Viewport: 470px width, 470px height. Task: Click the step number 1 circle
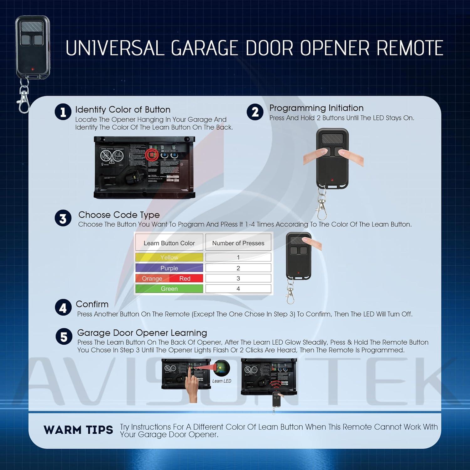tap(63, 112)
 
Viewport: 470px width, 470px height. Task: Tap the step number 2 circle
tap(255, 112)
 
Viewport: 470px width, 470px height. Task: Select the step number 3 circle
tap(63, 218)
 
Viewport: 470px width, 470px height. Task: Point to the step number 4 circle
tap(63, 308)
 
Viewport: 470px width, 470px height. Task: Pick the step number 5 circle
tap(64, 337)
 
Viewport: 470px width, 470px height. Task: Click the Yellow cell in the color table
tap(169, 257)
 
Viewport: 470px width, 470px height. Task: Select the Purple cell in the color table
tap(169, 268)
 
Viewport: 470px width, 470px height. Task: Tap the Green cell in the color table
tap(169, 289)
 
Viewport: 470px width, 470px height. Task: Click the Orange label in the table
tap(152, 279)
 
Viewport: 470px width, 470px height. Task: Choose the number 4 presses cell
tap(238, 289)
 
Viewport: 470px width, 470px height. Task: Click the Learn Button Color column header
tap(169, 243)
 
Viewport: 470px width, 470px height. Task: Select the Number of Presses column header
tap(238, 243)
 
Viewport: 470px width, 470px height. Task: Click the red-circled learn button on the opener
tap(152, 155)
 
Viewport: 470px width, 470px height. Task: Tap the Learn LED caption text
tap(222, 381)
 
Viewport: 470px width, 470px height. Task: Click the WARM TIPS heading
tap(78, 430)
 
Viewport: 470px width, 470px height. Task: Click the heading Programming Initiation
tap(316, 108)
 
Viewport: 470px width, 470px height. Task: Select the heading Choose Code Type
tap(119, 215)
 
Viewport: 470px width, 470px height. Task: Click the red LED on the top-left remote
tap(33, 69)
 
